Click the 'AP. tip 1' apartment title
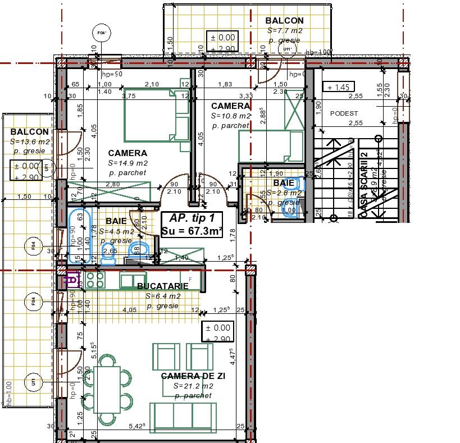click(192, 218)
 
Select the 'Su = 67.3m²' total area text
click(192, 230)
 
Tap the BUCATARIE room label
click(162, 286)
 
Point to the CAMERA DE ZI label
click(193, 376)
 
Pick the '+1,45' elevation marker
click(339, 87)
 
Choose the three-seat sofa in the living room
click(183, 417)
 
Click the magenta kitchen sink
click(71, 279)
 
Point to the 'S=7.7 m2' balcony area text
click(285, 31)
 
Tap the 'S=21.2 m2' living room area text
click(193, 386)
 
